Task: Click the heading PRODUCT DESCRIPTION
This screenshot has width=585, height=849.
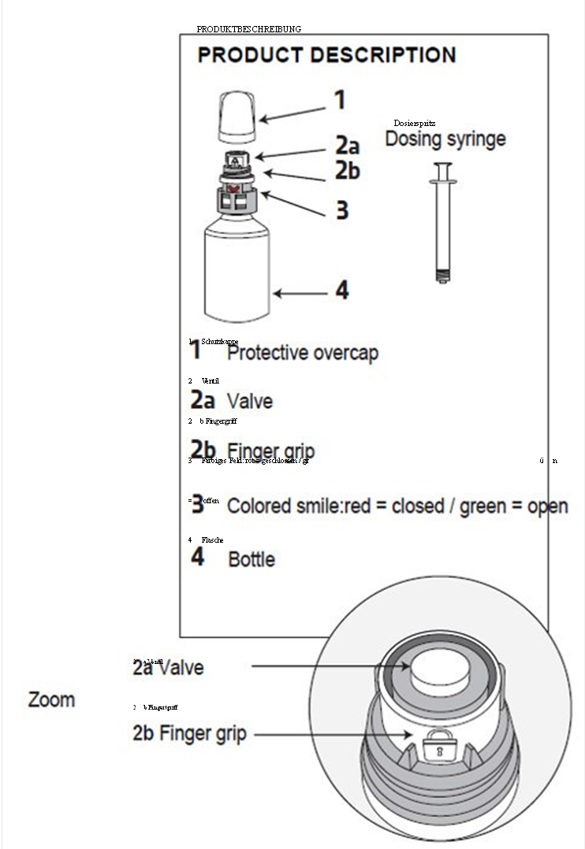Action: pyautogui.click(x=326, y=56)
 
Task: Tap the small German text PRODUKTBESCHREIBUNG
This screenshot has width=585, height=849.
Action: pyautogui.click(x=248, y=29)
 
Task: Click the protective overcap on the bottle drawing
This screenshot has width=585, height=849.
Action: pyautogui.click(x=237, y=115)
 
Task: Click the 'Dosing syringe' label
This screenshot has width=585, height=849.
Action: pyautogui.click(x=445, y=139)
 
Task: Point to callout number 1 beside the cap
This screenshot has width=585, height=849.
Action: pyautogui.click(x=339, y=100)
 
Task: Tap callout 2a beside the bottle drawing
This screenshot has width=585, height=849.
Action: pyautogui.click(x=348, y=146)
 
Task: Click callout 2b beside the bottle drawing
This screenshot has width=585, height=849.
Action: pyautogui.click(x=348, y=169)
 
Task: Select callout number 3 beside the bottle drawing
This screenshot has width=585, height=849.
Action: pyautogui.click(x=342, y=210)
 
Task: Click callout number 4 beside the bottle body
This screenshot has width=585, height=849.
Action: pyautogui.click(x=342, y=290)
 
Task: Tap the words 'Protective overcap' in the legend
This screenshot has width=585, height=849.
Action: pyautogui.click(x=303, y=353)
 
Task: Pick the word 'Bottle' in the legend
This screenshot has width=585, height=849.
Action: pyautogui.click(x=252, y=560)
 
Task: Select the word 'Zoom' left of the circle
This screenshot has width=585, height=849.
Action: pyautogui.click(x=52, y=699)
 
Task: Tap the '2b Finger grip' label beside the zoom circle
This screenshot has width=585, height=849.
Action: pyautogui.click(x=189, y=734)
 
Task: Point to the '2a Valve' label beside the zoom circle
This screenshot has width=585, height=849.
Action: pyautogui.click(x=168, y=668)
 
